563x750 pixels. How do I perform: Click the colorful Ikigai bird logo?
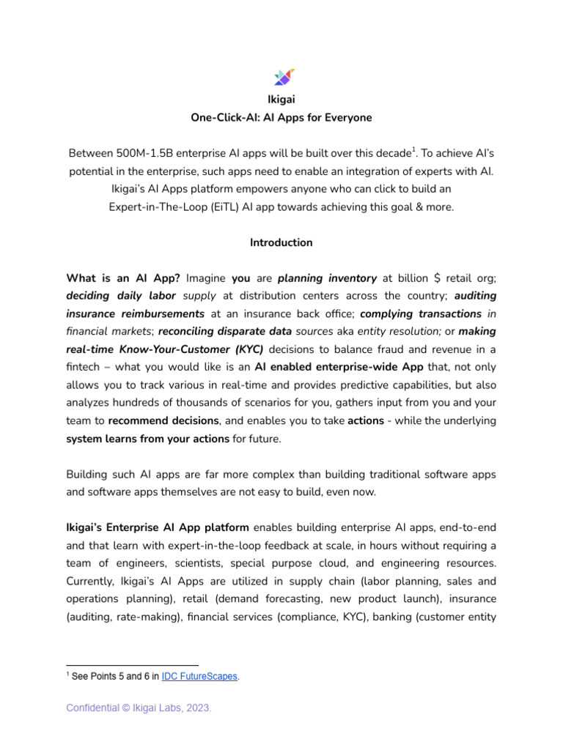pyautogui.click(x=283, y=77)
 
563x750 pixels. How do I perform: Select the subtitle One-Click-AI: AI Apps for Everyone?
pyautogui.click(x=281, y=117)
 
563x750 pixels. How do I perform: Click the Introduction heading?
pyautogui.click(x=281, y=242)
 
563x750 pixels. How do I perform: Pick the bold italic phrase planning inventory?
pyautogui.click(x=327, y=278)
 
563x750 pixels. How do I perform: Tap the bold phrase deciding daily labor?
pyautogui.click(x=122, y=296)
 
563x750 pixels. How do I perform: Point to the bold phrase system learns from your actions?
pyautogui.click(x=148, y=438)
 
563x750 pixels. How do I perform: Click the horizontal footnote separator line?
pyautogui.click(x=117, y=665)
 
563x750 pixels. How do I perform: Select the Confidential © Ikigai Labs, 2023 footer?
pyautogui.click(x=139, y=708)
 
